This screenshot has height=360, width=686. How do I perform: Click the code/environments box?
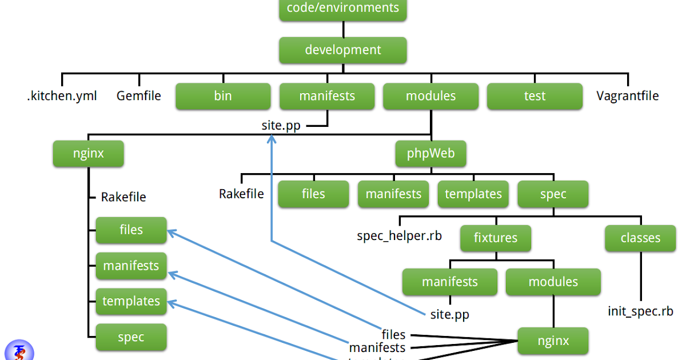click(343, 9)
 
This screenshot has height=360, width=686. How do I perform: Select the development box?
click(343, 50)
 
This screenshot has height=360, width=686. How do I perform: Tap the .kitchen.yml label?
click(62, 96)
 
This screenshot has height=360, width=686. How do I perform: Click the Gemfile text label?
click(139, 96)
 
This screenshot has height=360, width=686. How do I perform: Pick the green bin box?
click(223, 96)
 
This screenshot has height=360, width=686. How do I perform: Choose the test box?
click(535, 96)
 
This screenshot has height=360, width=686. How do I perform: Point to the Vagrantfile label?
click(627, 96)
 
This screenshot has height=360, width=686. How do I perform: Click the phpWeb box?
click(431, 154)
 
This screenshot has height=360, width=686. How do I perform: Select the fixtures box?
click(496, 238)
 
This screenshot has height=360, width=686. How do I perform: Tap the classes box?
click(640, 238)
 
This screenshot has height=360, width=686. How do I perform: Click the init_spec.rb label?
click(640, 311)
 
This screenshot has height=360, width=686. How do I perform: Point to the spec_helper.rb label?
click(399, 235)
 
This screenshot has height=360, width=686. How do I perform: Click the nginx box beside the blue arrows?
click(553, 341)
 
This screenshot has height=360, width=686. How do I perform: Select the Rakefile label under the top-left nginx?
click(123, 197)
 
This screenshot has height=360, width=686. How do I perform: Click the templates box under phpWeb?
click(473, 194)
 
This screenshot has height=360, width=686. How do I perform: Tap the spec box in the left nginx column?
click(131, 337)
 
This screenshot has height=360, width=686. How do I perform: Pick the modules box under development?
click(431, 96)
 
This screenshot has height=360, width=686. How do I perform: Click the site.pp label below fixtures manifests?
click(449, 314)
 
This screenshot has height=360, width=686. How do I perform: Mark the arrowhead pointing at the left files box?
click(170, 232)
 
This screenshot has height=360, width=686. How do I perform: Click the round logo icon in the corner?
click(18, 351)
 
